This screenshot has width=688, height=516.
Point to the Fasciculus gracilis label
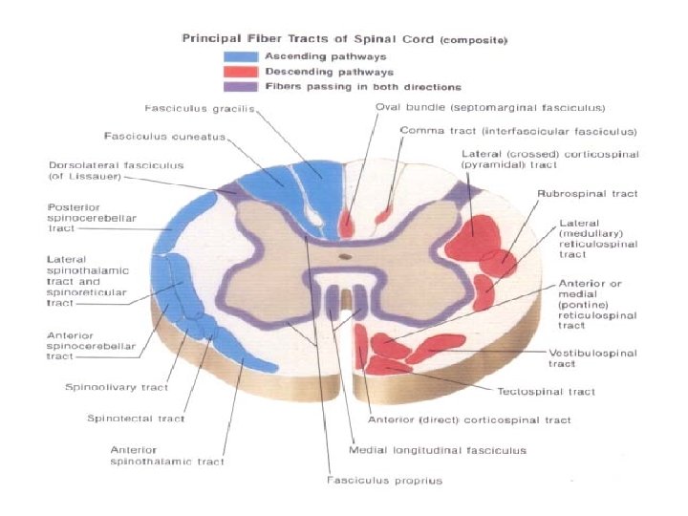pos(186,108)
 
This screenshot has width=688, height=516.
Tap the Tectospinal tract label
pos(546,391)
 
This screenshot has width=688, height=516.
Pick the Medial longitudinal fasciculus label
pos(438,449)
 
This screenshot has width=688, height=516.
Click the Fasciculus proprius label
pos(385,480)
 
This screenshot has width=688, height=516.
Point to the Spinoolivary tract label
pos(117,388)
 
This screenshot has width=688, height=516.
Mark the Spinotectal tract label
pos(136,419)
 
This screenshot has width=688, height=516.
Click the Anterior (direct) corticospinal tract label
pos(469,419)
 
